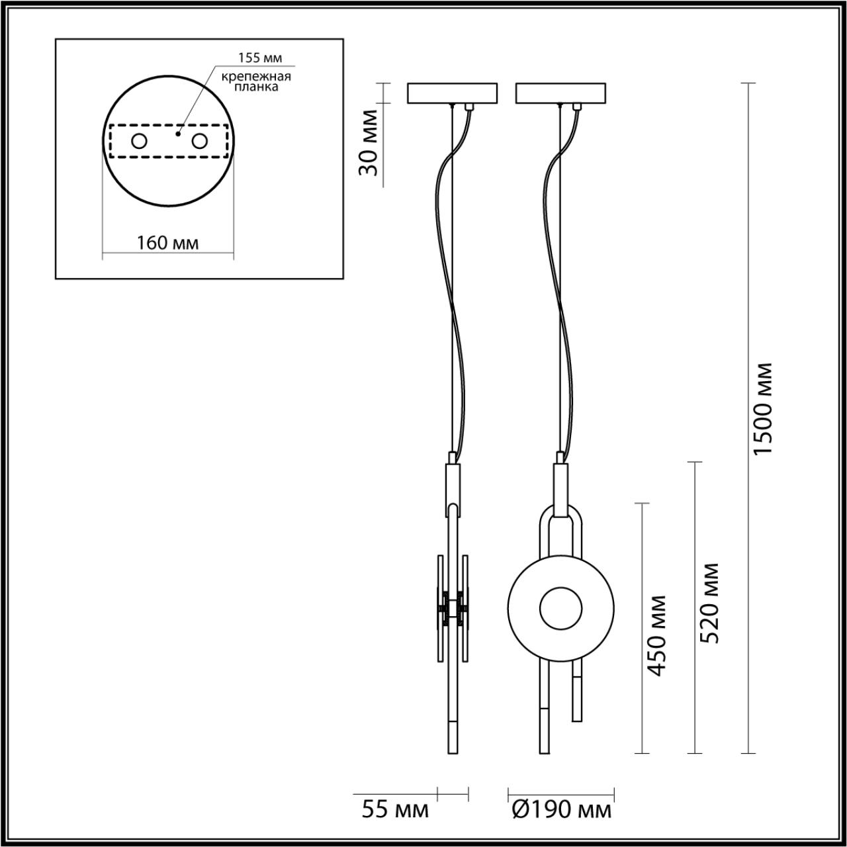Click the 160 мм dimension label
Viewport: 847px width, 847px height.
tap(167, 243)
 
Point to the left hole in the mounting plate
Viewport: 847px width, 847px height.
tap(139, 141)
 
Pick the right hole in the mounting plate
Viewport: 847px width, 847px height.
tap(199, 141)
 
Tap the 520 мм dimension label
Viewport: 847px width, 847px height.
tap(709, 603)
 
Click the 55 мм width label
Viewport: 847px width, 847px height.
tap(395, 809)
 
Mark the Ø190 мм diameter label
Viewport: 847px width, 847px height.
tap(560, 809)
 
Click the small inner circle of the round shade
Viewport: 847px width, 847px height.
tap(560, 608)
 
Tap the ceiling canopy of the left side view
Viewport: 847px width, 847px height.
tap(452, 93)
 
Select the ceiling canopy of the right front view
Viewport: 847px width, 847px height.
tap(560, 93)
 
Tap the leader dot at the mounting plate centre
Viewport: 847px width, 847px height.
tap(177, 134)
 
